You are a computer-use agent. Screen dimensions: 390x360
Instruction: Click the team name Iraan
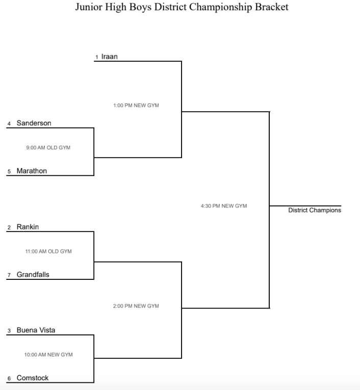tap(110, 57)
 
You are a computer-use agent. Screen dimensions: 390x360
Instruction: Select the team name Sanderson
tap(34, 123)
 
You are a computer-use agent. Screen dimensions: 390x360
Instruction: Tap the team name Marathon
tap(32, 171)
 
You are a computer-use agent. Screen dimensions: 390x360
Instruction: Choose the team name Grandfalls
tap(33, 275)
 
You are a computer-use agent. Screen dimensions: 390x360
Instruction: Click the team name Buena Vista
tap(36, 330)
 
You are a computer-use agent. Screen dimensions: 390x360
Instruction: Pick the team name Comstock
tap(32, 378)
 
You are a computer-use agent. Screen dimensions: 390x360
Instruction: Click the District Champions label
tap(315, 210)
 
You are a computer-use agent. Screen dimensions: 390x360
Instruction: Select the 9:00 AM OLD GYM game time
tap(48, 148)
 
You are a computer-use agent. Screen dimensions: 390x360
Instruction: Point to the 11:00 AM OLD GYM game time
tap(48, 251)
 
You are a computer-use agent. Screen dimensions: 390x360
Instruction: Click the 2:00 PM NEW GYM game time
tap(136, 306)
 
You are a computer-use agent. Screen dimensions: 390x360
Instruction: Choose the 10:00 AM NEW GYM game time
tap(48, 355)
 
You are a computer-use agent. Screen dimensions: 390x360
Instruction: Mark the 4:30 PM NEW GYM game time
tap(224, 206)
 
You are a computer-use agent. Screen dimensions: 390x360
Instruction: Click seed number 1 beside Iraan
tap(96, 58)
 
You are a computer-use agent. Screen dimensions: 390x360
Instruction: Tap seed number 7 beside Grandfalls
tap(9, 276)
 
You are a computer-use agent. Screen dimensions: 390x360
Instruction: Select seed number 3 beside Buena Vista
tap(9, 331)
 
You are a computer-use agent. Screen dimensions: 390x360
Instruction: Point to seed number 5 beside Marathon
tap(9, 172)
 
